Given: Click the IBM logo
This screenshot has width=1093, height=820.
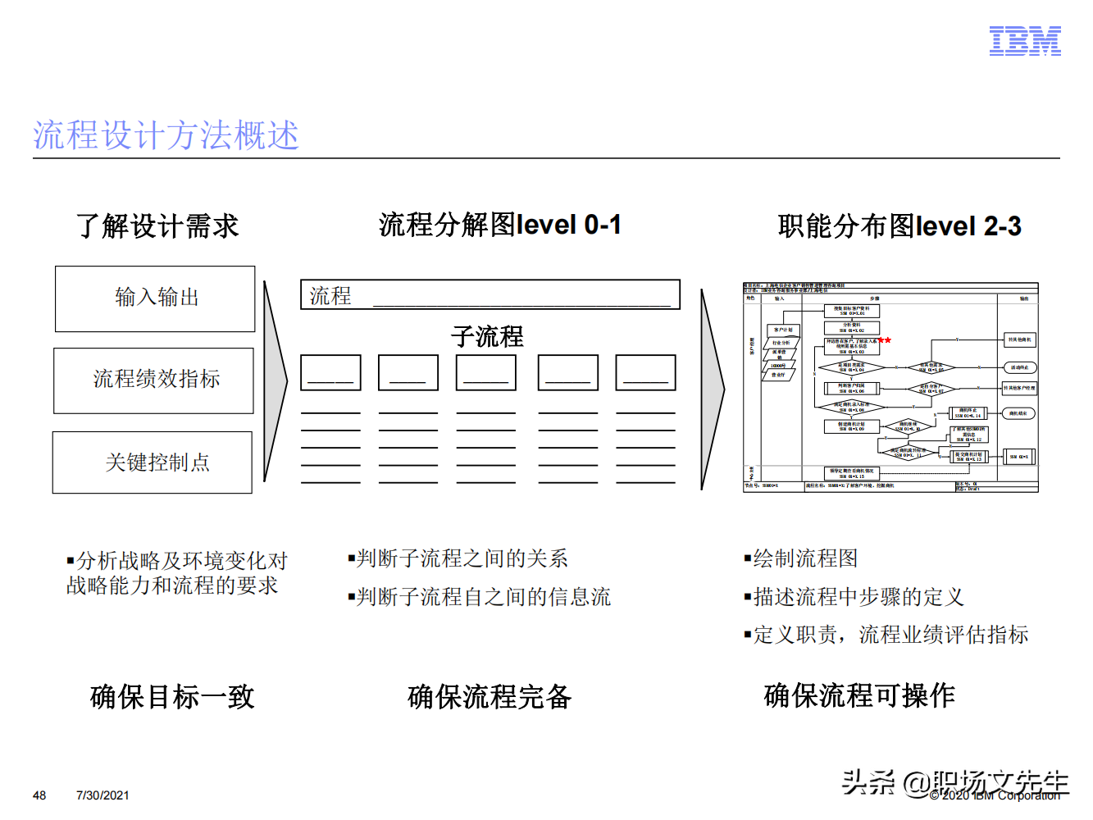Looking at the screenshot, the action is [x=1025, y=41].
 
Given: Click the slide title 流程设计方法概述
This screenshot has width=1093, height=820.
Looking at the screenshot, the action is [x=166, y=135].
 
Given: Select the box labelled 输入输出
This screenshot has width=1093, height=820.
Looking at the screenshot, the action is [x=156, y=298].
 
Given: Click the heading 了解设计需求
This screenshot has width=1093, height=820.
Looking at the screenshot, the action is [x=157, y=225].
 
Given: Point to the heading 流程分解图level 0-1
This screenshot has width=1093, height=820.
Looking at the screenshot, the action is [x=499, y=225].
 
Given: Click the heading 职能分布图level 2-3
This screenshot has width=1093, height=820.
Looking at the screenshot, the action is [x=899, y=225].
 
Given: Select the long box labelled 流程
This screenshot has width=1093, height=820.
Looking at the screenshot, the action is [x=490, y=295].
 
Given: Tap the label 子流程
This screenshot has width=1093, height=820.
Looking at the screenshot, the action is [x=487, y=336].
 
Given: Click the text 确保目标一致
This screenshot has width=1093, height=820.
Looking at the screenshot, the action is [x=172, y=697].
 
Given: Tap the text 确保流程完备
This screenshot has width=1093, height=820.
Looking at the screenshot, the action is [x=490, y=697].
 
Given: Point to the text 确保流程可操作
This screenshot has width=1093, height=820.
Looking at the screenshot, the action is [x=859, y=695].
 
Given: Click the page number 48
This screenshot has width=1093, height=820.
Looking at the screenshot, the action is [x=39, y=795].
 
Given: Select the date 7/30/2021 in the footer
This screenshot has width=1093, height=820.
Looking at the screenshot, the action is [x=102, y=795].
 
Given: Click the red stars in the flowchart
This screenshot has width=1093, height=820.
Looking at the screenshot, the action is [x=884, y=339].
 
